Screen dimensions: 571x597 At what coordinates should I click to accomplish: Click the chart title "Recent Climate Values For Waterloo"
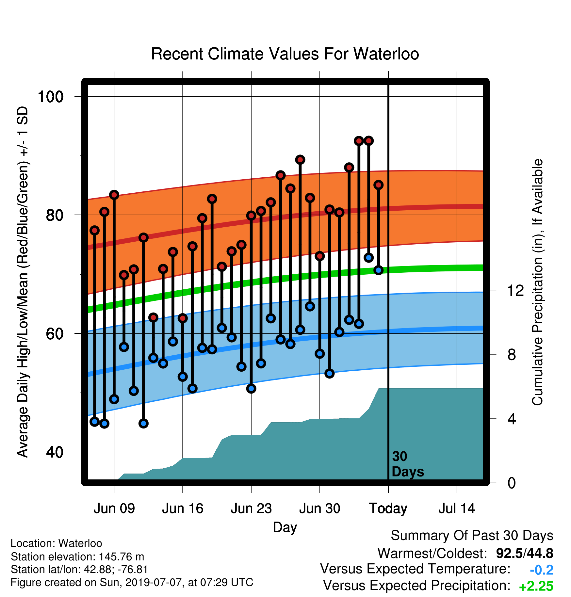pyautogui.click(x=285, y=54)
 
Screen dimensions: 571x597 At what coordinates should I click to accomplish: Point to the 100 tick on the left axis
pyautogui.click(x=51, y=97)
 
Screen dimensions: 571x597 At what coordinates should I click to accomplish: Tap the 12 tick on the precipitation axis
pyautogui.click(x=515, y=290)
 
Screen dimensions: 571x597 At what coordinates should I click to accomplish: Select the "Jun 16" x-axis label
pyautogui.click(x=183, y=508)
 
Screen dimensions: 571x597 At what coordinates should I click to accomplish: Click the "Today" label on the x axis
pyautogui.click(x=388, y=509)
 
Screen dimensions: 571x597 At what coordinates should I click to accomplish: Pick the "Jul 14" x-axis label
pyautogui.click(x=457, y=508)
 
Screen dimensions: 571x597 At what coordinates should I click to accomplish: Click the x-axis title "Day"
pyautogui.click(x=285, y=527)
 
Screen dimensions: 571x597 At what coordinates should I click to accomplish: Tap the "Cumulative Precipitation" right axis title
pyautogui.click(x=537, y=282)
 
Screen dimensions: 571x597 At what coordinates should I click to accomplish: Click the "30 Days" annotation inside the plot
pyautogui.click(x=407, y=464)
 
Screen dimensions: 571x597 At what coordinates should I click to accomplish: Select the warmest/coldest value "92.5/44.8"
pyautogui.click(x=525, y=553)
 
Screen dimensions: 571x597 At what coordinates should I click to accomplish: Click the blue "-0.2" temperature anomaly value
pyautogui.click(x=542, y=570)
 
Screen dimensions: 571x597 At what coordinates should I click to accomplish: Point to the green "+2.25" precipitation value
pyautogui.click(x=536, y=586)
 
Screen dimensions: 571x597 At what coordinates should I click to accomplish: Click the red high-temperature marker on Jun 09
pyautogui.click(x=114, y=195)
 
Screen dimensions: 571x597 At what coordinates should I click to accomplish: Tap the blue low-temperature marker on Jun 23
pyautogui.click(x=251, y=388)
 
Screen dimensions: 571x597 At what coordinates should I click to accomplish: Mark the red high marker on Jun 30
pyautogui.click(x=320, y=256)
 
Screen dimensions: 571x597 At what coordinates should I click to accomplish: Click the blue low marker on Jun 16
pyautogui.click(x=183, y=377)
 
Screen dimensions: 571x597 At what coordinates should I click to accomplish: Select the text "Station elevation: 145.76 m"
pyautogui.click(x=77, y=557)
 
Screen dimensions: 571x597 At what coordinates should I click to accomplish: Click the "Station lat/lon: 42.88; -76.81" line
pyautogui.click(x=79, y=569)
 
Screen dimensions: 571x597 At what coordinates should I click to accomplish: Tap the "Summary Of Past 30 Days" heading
pyautogui.click(x=472, y=536)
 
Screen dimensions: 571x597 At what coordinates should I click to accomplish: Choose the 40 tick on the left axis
pyautogui.click(x=55, y=452)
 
